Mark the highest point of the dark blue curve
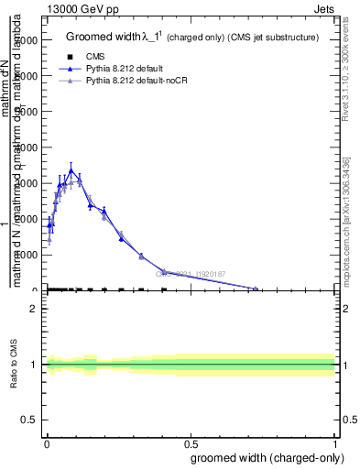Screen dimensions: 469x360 point(71,169)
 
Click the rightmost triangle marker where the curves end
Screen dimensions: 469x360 point(256,289)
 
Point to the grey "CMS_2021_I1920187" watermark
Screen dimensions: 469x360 point(190,273)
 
